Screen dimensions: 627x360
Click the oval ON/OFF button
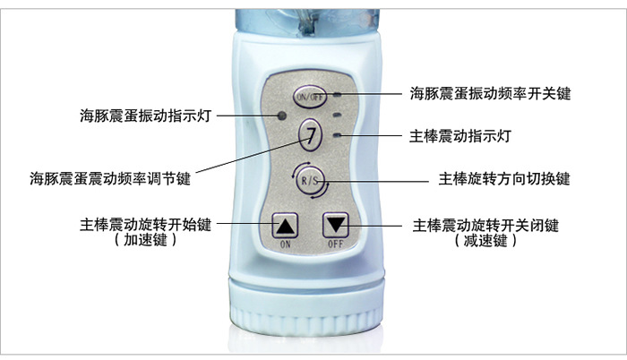(x=310, y=97)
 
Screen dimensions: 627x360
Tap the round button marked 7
(x=310, y=134)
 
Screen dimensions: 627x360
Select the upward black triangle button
(x=285, y=225)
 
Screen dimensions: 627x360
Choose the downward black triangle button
(x=336, y=225)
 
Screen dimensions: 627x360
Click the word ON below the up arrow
(x=285, y=244)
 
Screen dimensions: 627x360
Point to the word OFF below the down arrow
(x=336, y=244)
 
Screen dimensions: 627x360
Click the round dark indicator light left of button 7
(x=282, y=116)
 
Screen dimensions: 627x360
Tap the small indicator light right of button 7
(x=338, y=135)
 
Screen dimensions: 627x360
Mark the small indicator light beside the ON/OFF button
(x=338, y=95)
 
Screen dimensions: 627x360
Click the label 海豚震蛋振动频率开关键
(x=490, y=94)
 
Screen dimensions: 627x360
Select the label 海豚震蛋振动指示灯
(x=145, y=116)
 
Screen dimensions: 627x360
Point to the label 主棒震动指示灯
(x=460, y=136)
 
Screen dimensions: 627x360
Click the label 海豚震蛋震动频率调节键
(x=110, y=178)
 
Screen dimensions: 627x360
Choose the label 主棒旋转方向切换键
(x=504, y=179)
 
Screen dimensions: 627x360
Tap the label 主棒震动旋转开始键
(x=145, y=225)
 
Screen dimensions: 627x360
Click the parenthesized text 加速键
(x=145, y=240)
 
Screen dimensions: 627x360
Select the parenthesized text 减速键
(x=485, y=241)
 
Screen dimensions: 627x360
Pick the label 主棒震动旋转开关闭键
(x=485, y=226)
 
